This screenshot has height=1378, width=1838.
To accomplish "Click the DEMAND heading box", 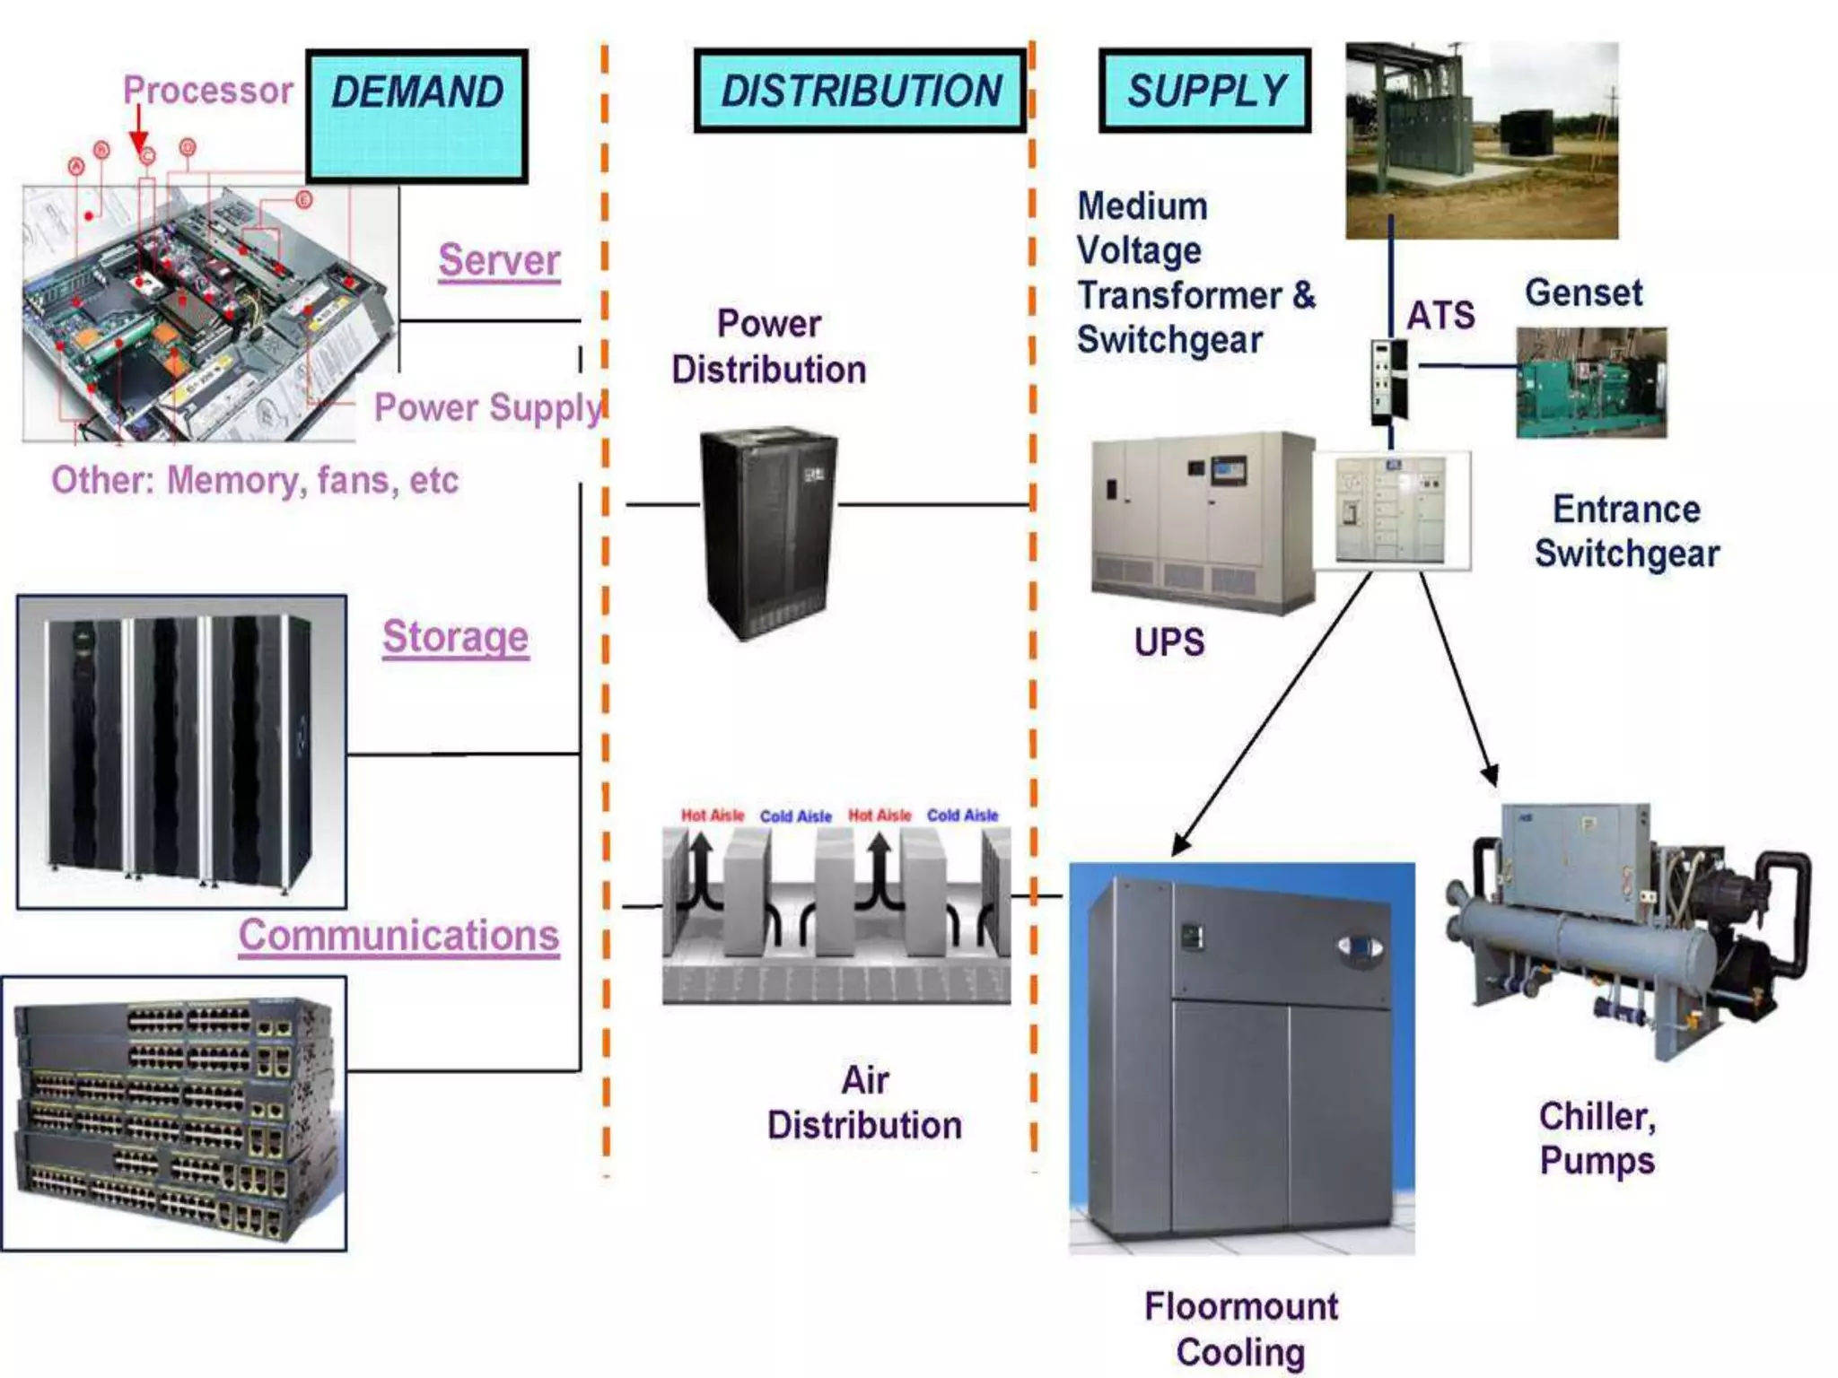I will [x=416, y=116].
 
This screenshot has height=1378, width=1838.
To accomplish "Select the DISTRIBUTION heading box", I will [x=860, y=91].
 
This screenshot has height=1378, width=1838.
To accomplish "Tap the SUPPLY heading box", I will [x=1204, y=91].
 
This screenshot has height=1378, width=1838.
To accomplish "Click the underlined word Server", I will [x=499, y=261].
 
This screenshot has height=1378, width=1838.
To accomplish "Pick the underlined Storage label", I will [x=455, y=638].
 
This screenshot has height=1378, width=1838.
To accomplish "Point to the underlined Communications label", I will [x=398, y=936].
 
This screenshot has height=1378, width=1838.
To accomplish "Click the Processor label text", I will [x=207, y=91].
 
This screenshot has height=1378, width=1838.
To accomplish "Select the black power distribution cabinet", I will [x=769, y=531].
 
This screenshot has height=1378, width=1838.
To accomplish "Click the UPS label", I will [x=1168, y=642].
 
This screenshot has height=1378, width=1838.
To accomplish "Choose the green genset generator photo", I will [x=1590, y=383].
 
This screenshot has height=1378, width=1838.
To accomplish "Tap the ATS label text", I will [x=1440, y=316].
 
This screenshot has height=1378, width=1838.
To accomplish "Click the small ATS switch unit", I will [x=1388, y=381].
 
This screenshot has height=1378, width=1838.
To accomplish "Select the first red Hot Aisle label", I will [x=713, y=815].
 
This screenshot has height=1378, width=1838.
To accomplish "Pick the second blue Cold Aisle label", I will [x=962, y=815].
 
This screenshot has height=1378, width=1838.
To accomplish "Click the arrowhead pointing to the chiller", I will [x=1490, y=775].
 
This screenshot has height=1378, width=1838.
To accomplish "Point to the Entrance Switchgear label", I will [x=1626, y=531].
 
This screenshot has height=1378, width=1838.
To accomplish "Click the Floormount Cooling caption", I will [x=1240, y=1329].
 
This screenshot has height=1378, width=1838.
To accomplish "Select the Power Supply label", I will [x=487, y=408].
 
